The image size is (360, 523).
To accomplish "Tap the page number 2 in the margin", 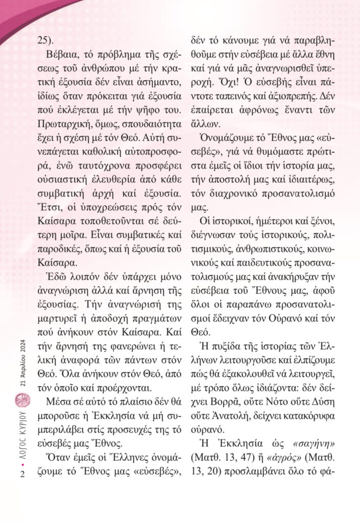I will (x=23, y=474).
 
